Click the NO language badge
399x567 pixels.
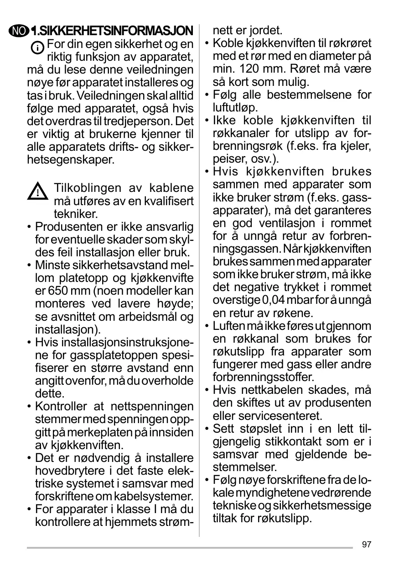click(x=20, y=32)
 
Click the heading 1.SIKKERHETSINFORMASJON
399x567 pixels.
click(x=112, y=32)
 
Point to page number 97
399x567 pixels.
click(x=367, y=544)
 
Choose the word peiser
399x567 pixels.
click(x=225, y=159)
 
